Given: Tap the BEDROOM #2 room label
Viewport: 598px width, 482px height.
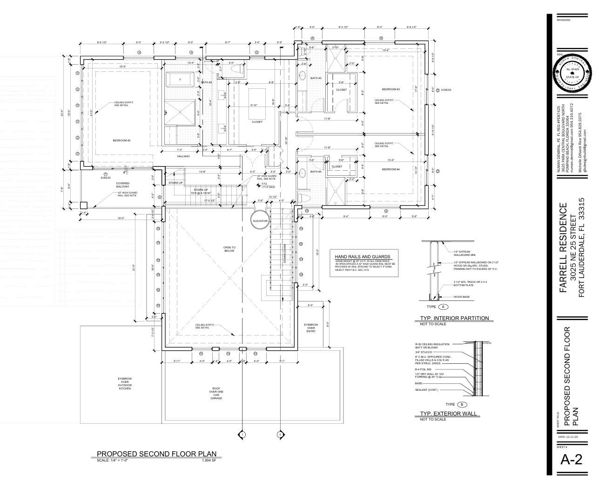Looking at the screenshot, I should (121, 140).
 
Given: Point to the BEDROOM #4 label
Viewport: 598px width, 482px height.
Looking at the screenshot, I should (391, 169).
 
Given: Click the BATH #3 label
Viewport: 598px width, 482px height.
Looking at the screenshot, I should (316, 78).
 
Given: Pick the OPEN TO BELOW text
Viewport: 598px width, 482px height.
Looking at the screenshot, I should (229, 249).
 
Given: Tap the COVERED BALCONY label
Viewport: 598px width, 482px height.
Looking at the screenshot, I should (123, 185).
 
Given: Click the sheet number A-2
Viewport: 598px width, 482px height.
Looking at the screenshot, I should (571, 460).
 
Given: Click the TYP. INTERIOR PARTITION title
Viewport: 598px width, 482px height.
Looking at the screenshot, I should (454, 318).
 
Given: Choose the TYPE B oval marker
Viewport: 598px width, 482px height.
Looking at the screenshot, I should (462, 404).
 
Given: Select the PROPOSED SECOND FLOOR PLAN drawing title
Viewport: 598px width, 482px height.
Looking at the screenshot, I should (156, 454).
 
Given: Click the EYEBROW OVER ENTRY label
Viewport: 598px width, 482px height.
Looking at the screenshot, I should (311, 328).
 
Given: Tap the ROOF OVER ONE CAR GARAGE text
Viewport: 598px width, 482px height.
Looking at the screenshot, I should (216, 394).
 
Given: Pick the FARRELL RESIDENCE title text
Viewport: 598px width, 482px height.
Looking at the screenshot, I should (563, 248).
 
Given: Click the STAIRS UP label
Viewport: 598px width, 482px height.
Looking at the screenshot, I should (175, 183).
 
